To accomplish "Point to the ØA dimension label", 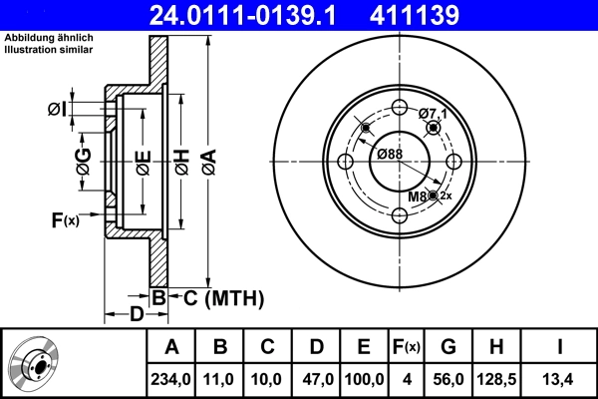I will tap(207, 161).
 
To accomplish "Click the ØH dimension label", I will tap(181, 161).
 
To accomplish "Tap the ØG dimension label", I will tap(84, 161).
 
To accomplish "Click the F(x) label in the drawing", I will tap(64, 219).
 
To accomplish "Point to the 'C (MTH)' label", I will tap(222, 297).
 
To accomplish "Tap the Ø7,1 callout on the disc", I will tap(433, 114).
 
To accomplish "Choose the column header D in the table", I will tap(316, 346).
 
